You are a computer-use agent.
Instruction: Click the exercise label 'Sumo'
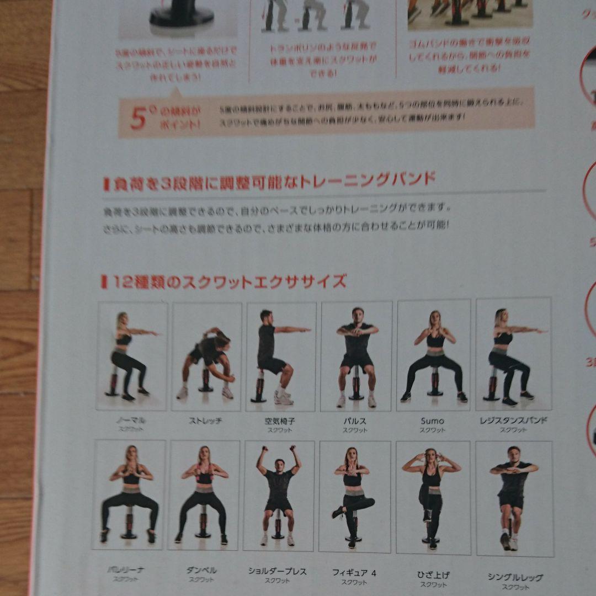pyautogui.click(x=432, y=421)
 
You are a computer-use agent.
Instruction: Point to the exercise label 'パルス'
pyautogui.click(x=355, y=421)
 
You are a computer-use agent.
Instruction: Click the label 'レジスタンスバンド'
pyautogui.click(x=514, y=421)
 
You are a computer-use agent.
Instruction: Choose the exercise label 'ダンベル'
pyautogui.click(x=201, y=570)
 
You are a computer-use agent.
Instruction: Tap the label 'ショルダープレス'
pyautogui.click(x=277, y=572)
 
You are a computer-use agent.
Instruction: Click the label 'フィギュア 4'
pyautogui.click(x=354, y=573)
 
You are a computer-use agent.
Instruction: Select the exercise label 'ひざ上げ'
pyautogui.click(x=433, y=575)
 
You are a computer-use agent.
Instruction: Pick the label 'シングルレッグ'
pyautogui.click(x=515, y=577)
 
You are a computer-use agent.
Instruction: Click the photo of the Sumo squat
pyautogui.click(x=434, y=355)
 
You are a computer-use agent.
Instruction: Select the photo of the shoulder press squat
pyautogui.click(x=279, y=496)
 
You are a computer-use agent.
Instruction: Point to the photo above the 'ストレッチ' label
pyautogui.click(x=206, y=356)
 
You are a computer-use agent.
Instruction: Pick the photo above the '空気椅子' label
pyautogui.click(x=281, y=356)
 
